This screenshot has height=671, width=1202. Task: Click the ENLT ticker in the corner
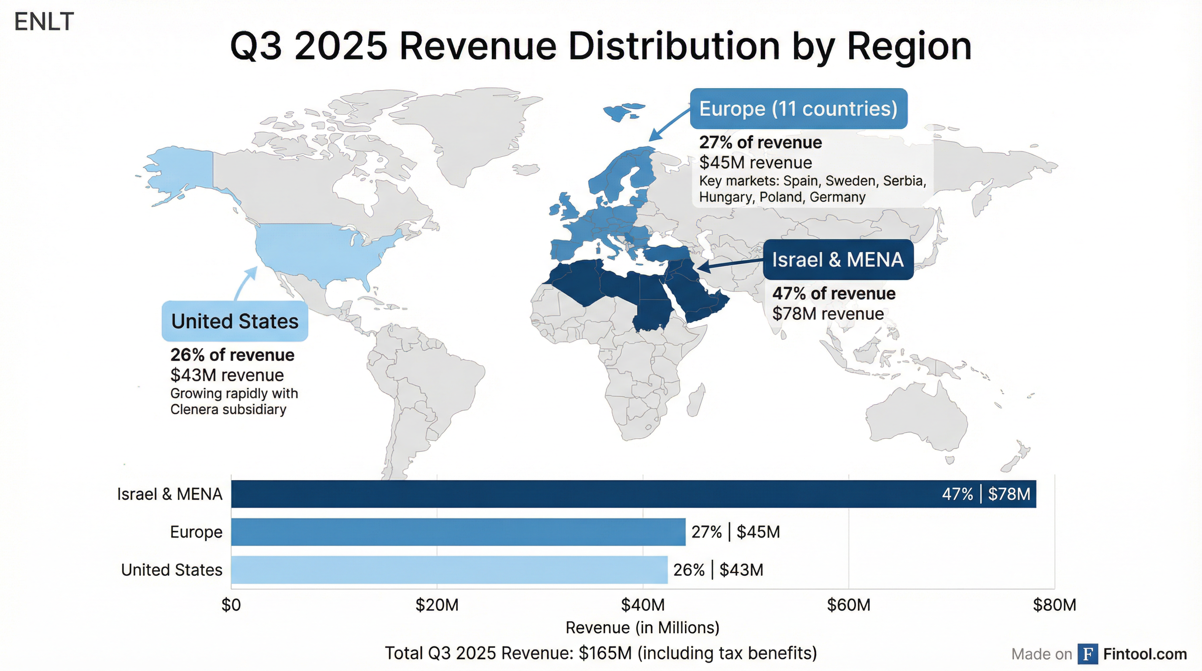pyautogui.click(x=44, y=22)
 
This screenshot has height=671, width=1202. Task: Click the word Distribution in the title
pyautogui.click(x=674, y=46)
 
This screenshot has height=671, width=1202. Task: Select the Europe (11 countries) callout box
pyautogui.click(x=798, y=109)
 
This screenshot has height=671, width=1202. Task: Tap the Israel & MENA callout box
pyautogui.click(x=838, y=260)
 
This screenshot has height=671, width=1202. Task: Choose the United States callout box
pyautogui.click(x=235, y=322)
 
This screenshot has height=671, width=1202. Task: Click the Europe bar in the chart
pyautogui.click(x=458, y=532)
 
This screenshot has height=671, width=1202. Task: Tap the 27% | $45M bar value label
pyautogui.click(x=736, y=532)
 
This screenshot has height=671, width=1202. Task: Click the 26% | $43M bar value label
pyautogui.click(x=718, y=570)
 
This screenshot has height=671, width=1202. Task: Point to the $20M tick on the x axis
pyautogui.click(x=437, y=605)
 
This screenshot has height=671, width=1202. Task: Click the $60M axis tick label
pyautogui.click(x=848, y=605)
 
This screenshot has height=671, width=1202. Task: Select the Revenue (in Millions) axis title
pyautogui.click(x=642, y=628)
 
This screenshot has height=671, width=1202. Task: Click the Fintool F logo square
pyautogui.click(x=1087, y=654)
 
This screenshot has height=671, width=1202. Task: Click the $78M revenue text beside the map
pyautogui.click(x=828, y=314)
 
